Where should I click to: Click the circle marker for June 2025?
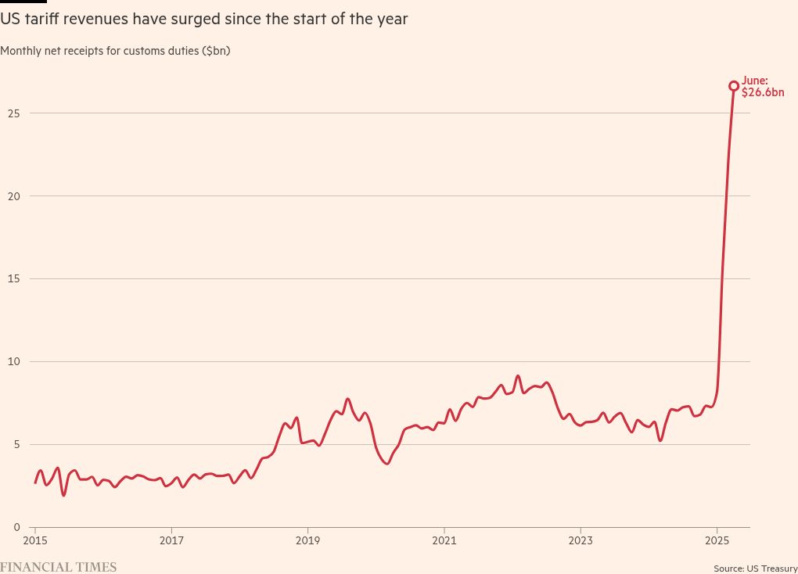tap(734, 86)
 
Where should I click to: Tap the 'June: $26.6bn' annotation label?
tap(761, 86)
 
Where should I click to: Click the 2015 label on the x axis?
tap(35, 540)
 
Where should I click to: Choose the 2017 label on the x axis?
tap(171, 540)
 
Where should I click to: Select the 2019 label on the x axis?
tap(307, 540)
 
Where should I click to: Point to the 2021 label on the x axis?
tap(444, 540)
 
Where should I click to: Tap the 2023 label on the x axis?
tap(581, 540)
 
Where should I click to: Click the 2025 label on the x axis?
tap(717, 540)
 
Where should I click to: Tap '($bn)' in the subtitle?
tap(216, 51)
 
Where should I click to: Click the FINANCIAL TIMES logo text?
tap(58, 567)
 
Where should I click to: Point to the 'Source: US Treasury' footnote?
tap(755, 569)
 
